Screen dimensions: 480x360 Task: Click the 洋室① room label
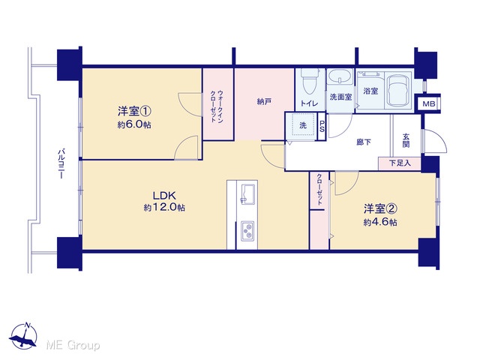pos(135,111)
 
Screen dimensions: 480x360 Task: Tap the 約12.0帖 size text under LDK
pos(164,208)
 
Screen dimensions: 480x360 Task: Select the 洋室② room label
pos(380,208)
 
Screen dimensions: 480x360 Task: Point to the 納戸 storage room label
pos(264,102)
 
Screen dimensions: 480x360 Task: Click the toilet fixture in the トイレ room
pos(310,81)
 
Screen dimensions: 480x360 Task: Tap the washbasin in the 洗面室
pos(340,76)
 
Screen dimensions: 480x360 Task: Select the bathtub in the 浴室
pos(398,91)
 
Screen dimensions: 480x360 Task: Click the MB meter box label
pos(429,104)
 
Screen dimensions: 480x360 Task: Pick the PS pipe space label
pos(322,127)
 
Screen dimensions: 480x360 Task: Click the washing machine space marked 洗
pos(302,125)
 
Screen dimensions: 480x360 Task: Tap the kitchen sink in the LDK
pos(247,194)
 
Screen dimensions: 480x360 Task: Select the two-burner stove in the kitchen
pos(247,230)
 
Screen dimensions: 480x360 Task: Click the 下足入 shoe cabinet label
pos(400,163)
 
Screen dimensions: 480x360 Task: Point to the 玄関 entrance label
pos(406,140)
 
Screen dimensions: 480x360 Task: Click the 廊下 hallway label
pos(364,142)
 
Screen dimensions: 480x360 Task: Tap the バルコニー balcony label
pos(61,163)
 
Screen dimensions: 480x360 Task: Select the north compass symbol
pos(23,335)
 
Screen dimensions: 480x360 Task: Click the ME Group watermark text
pos(73,345)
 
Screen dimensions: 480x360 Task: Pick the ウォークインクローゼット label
pos(216,106)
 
